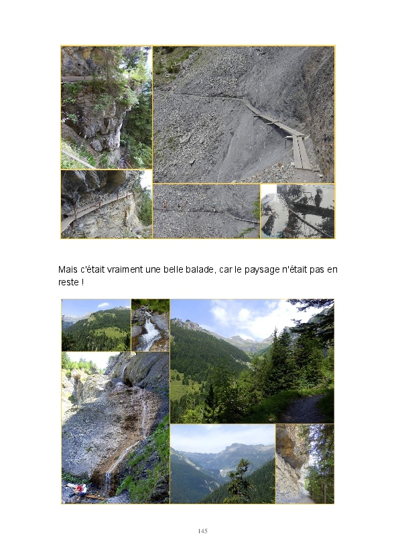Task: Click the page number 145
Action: tap(202, 531)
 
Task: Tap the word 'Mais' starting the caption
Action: tap(68, 269)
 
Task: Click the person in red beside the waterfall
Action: tap(80, 489)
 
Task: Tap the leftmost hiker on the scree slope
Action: tap(165, 206)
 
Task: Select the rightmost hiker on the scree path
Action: tap(213, 208)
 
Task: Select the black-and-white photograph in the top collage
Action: tap(298, 211)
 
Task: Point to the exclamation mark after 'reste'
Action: tap(82, 283)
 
